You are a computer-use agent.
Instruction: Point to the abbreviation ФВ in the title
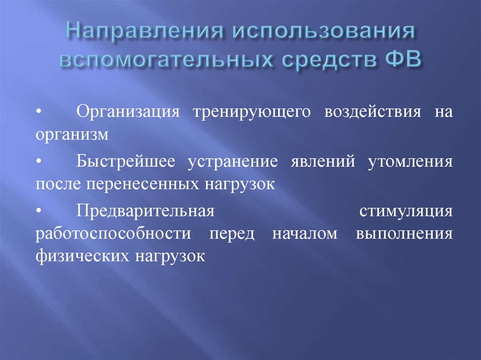pos(400,61)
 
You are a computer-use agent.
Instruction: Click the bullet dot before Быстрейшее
pos(39,161)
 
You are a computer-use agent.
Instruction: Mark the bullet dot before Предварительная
pos(39,211)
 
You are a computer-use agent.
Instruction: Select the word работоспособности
pos(113,234)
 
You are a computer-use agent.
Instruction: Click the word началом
pos(304,234)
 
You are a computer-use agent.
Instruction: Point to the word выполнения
pos(404,234)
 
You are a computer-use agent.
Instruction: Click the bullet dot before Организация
pos(39,113)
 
